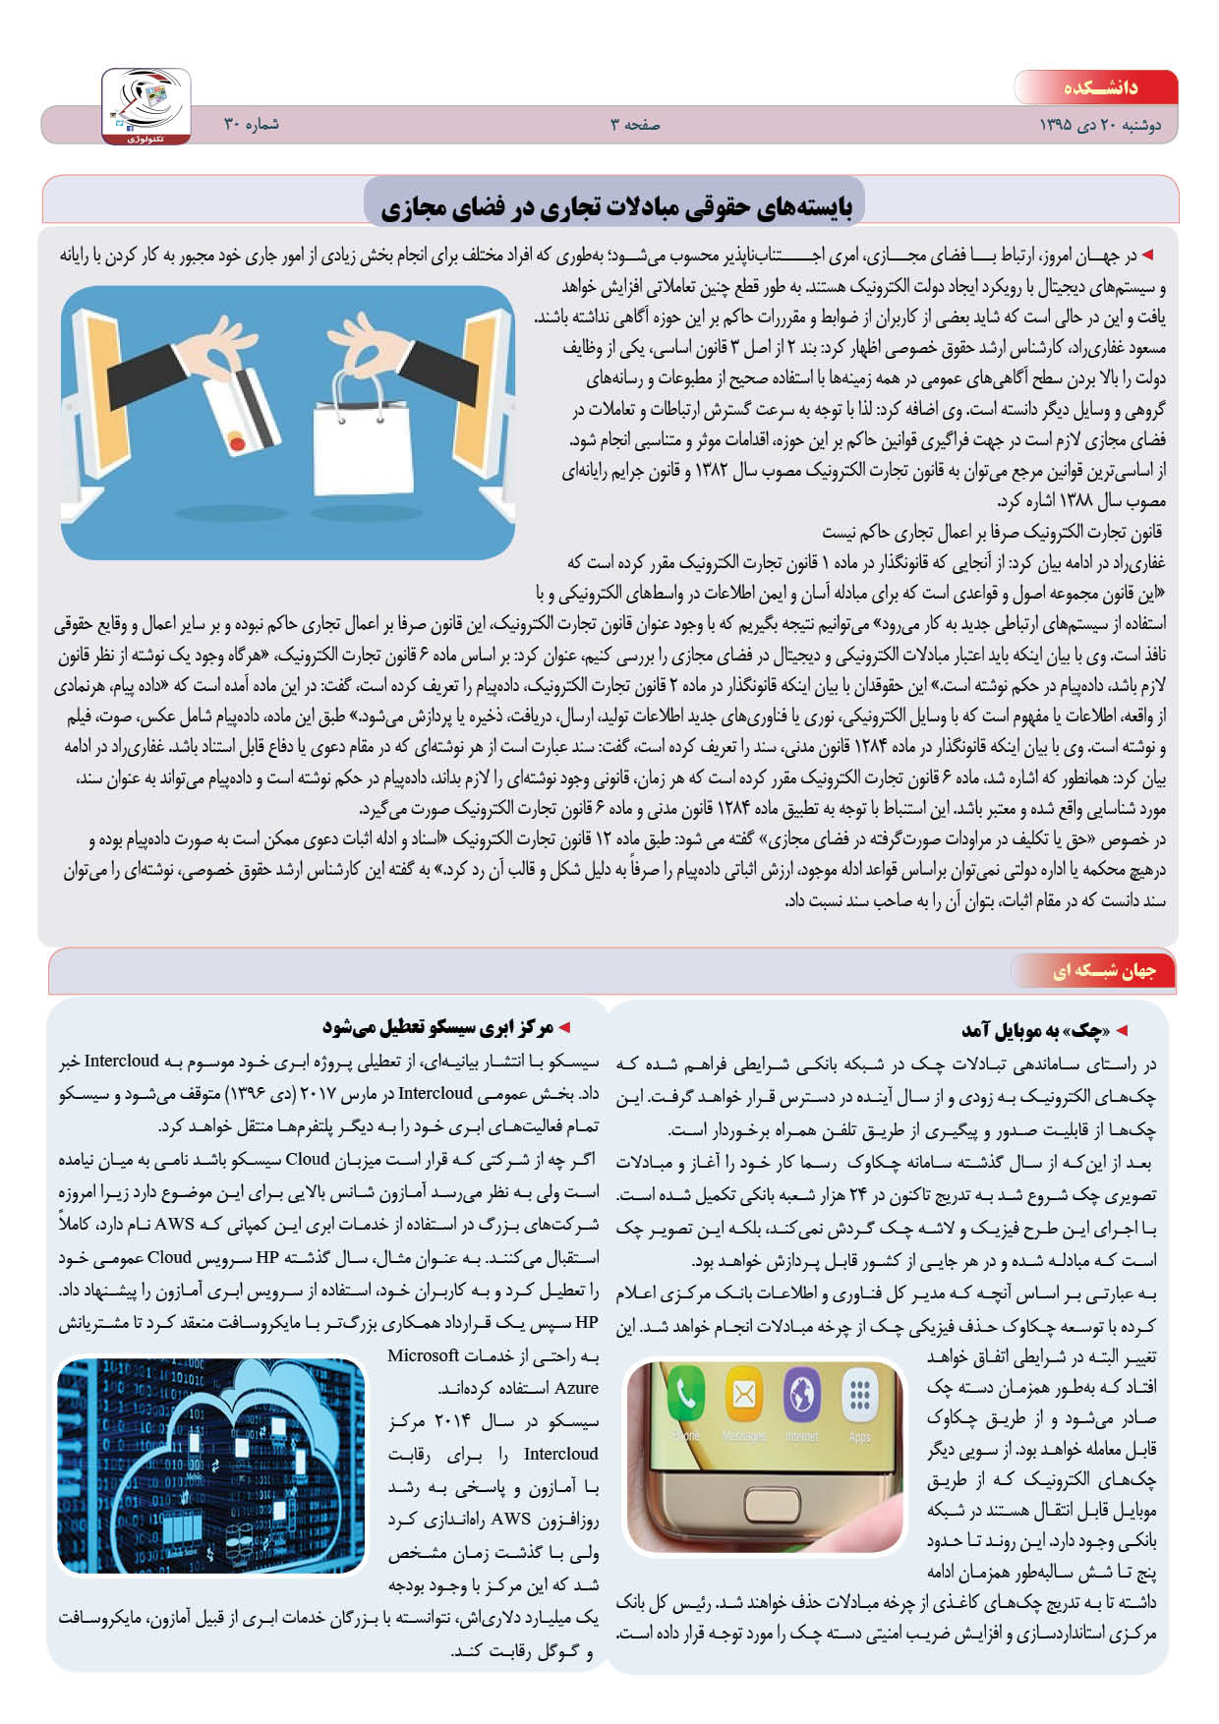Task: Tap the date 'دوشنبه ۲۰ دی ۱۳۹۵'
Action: pos(1100,126)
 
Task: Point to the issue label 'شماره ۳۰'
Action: pos(252,125)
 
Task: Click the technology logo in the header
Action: pos(146,106)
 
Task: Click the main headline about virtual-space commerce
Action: pos(615,205)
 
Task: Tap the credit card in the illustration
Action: pos(241,408)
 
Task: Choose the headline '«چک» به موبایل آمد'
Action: pos(1035,1030)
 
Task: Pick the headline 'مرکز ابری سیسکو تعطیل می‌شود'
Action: pos(438,1027)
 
